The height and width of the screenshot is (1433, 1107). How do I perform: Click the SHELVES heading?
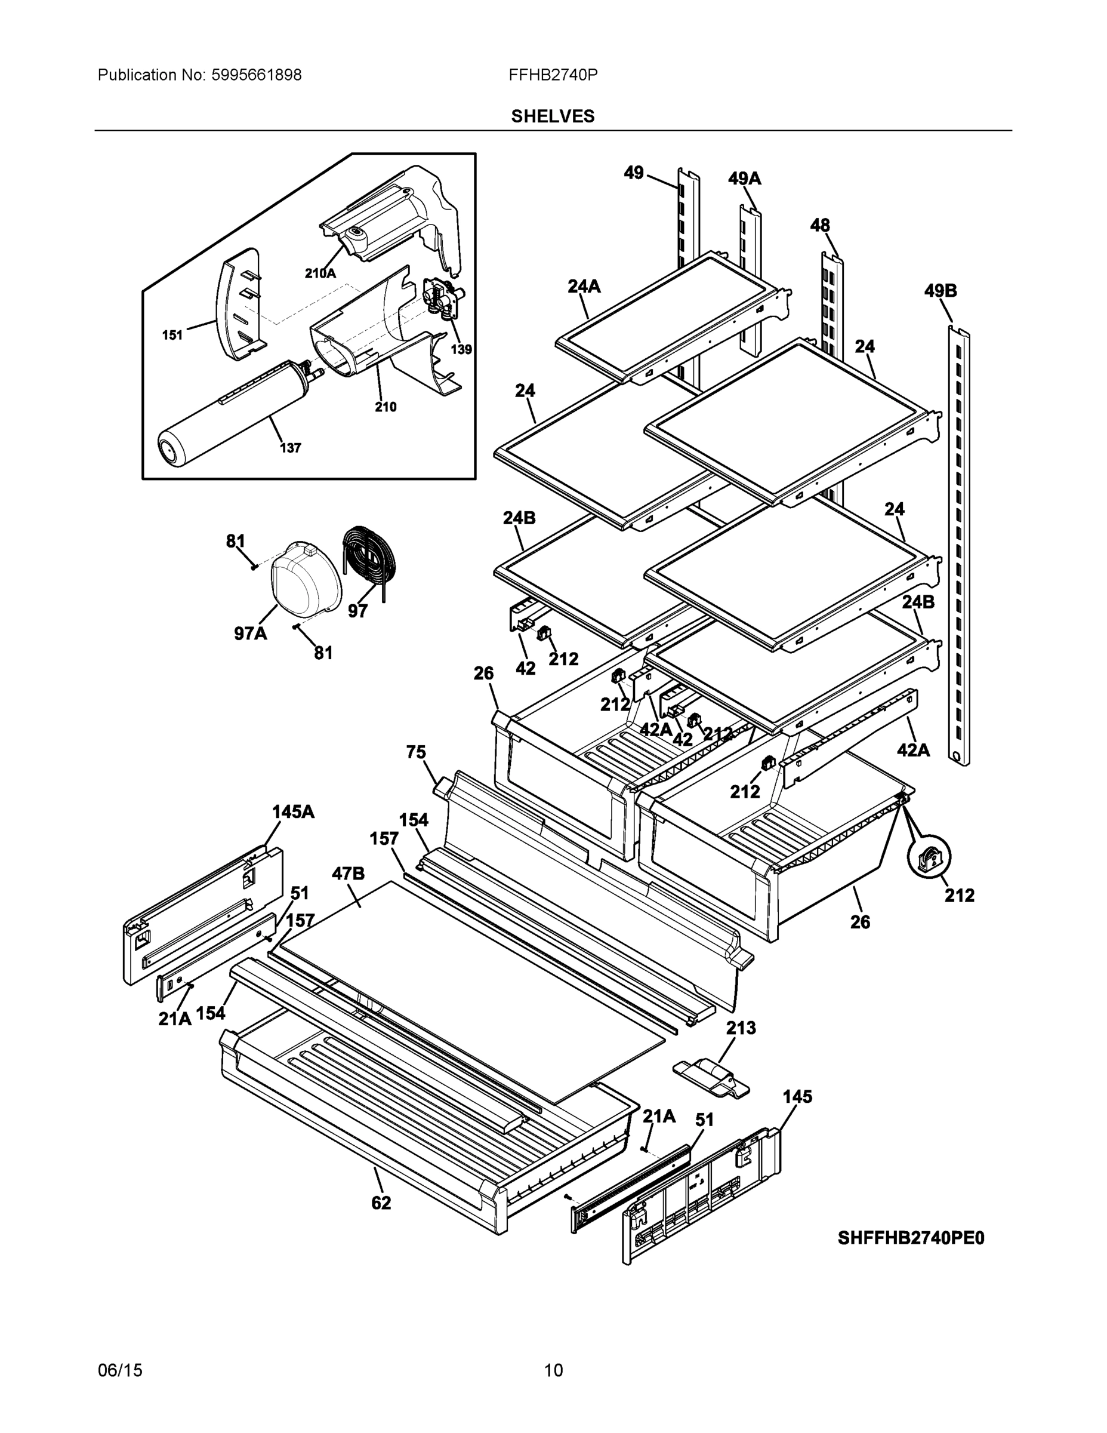(x=552, y=116)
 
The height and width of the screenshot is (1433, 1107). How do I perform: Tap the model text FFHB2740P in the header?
(x=552, y=75)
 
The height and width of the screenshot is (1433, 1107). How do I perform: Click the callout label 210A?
(x=320, y=273)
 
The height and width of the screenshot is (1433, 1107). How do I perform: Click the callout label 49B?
(x=940, y=291)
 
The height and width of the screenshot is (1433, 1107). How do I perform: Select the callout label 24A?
(x=584, y=286)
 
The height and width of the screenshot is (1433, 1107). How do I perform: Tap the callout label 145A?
(x=293, y=811)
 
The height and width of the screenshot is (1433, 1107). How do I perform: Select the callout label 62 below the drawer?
(x=381, y=1203)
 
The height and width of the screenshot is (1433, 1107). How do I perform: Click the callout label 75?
(x=416, y=752)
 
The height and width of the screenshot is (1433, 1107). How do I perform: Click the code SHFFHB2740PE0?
(x=910, y=1238)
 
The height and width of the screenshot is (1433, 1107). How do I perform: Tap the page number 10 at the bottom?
(x=553, y=1370)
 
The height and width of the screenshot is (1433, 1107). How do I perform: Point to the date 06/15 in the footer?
(x=120, y=1370)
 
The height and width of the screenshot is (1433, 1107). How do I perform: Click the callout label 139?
(x=461, y=349)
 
